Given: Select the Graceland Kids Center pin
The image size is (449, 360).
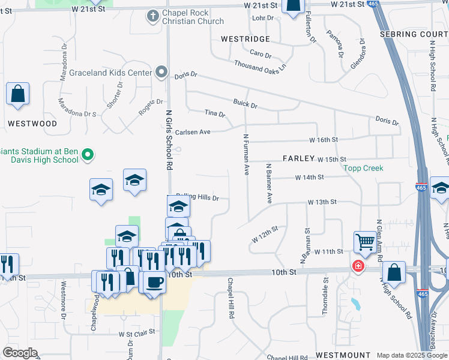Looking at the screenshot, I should click(161, 73).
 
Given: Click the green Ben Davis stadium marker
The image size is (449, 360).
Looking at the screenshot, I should click(88, 155).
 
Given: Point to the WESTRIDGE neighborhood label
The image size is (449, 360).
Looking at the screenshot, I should click(246, 38).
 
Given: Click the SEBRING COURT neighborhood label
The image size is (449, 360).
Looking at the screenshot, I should click(414, 34).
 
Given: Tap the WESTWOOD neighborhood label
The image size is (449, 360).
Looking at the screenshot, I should click(32, 124).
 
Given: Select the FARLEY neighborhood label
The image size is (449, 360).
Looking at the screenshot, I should click(299, 158).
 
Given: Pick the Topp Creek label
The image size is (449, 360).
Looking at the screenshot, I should click(363, 169).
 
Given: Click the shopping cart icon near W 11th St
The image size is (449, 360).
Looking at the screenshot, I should click(364, 242).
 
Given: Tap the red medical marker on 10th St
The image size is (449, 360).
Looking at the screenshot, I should click(358, 266).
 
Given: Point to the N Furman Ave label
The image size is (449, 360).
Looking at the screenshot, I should click(246, 154).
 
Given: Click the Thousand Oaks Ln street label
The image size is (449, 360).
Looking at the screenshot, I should click(260, 64).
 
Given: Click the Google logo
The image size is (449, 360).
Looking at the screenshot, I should click(20, 353).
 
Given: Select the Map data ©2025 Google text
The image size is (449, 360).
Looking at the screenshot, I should click(411, 355).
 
